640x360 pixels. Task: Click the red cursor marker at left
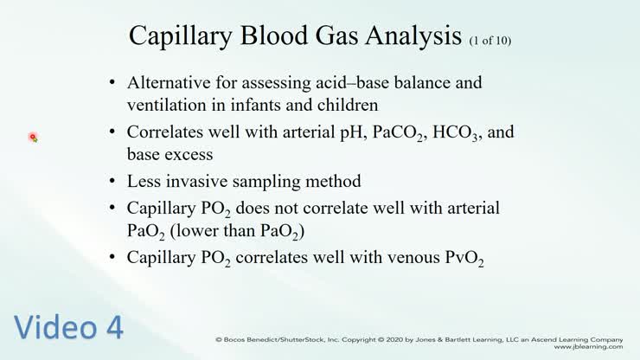point(32,137)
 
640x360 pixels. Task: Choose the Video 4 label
point(69,327)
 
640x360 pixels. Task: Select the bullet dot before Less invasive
point(113,183)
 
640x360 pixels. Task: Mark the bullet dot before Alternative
point(113,84)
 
